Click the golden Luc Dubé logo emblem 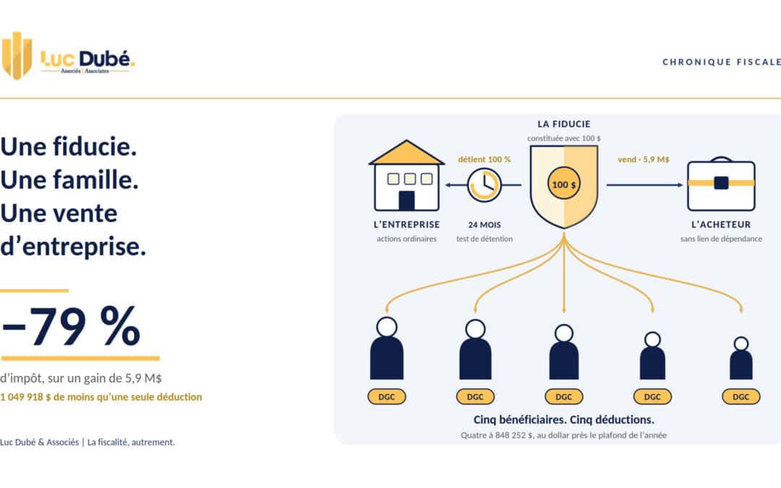(x=17, y=56)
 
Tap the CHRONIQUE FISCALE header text (x=722, y=61)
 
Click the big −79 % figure (x=70, y=325)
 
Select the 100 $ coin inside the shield (x=564, y=184)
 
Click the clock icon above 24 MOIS (x=484, y=185)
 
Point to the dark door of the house (x=406, y=201)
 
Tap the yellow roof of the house (x=406, y=153)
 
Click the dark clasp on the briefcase (x=721, y=183)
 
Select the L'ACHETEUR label (x=721, y=225)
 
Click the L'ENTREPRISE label (x=406, y=225)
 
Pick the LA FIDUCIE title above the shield (x=564, y=124)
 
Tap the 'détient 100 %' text (x=484, y=159)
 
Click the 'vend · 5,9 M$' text (x=644, y=159)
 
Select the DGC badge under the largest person (x=386, y=397)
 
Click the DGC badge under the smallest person (x=741, y=397)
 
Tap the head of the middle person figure (x=564, y=333)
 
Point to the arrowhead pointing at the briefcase (x=680, y=185)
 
